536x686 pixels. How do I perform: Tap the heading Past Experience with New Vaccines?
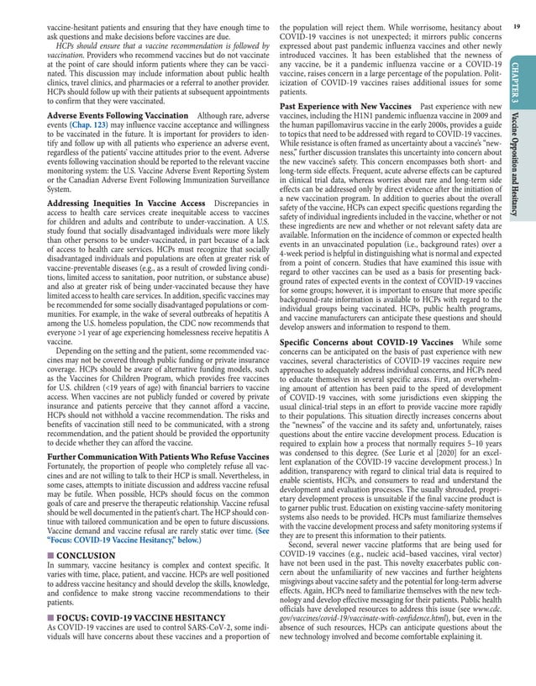coord(345,108)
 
